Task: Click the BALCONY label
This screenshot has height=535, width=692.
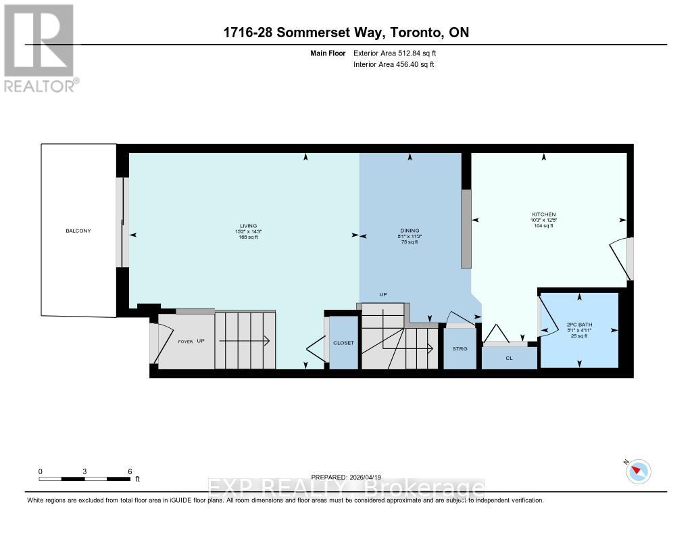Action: [x=78, y=231]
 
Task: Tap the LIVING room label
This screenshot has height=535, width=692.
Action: [x=234, y=226]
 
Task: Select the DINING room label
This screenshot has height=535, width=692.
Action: [x=410, y=231]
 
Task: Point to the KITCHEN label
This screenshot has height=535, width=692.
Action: [x=543, y=214]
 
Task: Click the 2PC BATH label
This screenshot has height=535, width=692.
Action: [x=578, y=324]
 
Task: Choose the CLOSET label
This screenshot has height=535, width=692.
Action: [x=343, y=343]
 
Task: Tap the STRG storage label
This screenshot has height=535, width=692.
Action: [x=460, y=349]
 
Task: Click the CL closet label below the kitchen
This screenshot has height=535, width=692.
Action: [x=509, y=358]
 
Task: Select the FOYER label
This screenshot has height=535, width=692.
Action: [x=185, y=342]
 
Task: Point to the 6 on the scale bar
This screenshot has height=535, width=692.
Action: [x=130, y=471]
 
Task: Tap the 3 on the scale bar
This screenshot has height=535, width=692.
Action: [x=85, y=471]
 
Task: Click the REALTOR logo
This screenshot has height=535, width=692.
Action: [x=40, y=47]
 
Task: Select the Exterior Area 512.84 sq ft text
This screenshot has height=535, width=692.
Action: [x=399, y=53]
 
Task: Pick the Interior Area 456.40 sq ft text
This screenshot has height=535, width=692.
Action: [x=393, y=65]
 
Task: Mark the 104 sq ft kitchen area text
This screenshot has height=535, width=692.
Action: [x=543, y=226]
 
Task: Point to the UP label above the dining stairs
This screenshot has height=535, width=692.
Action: [x=382, y=295]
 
